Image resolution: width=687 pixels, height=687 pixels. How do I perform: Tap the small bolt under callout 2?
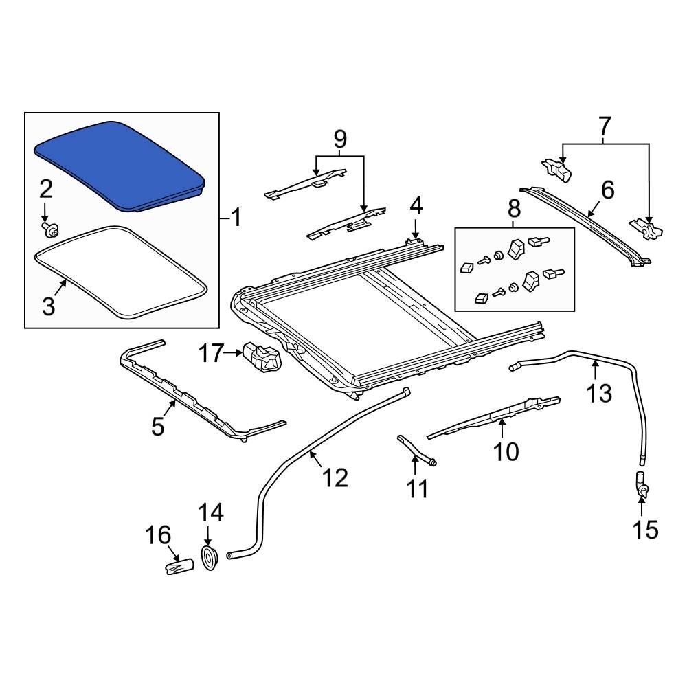click(48, 227)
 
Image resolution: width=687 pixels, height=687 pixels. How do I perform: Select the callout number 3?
click(47, 306)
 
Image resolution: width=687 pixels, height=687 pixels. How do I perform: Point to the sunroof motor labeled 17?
click(262, 356)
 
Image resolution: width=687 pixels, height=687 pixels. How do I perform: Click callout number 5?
click(157, 427)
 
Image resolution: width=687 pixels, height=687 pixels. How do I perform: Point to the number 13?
click(598, 393)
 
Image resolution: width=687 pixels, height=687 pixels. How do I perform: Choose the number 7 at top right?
click(604, 126)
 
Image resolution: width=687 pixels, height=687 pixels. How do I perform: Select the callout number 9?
click(340, 140)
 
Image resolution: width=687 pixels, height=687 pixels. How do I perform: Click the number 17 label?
click(211, 354)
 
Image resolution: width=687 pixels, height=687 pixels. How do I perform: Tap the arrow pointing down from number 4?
click(415, 229)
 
